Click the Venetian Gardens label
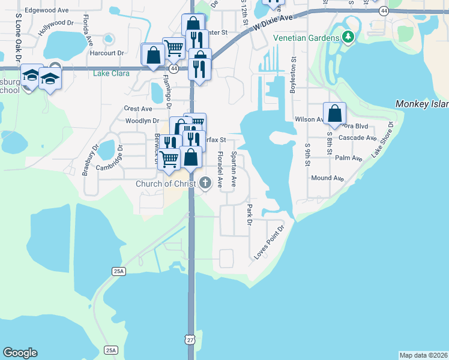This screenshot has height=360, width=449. pos(306,37)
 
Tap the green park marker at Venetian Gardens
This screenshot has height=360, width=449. pos(348,37)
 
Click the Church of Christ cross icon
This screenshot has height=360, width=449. pos(205,184)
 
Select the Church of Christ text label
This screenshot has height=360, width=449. pos(166,184)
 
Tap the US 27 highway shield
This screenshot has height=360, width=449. pos(190,340)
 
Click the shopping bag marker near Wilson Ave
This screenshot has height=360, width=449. pos(334,113)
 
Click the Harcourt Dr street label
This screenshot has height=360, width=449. pos(107,53)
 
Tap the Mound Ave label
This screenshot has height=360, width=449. pos(327,178)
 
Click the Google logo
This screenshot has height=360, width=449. pos(20,353)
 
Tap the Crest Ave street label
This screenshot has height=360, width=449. pos(138,109)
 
